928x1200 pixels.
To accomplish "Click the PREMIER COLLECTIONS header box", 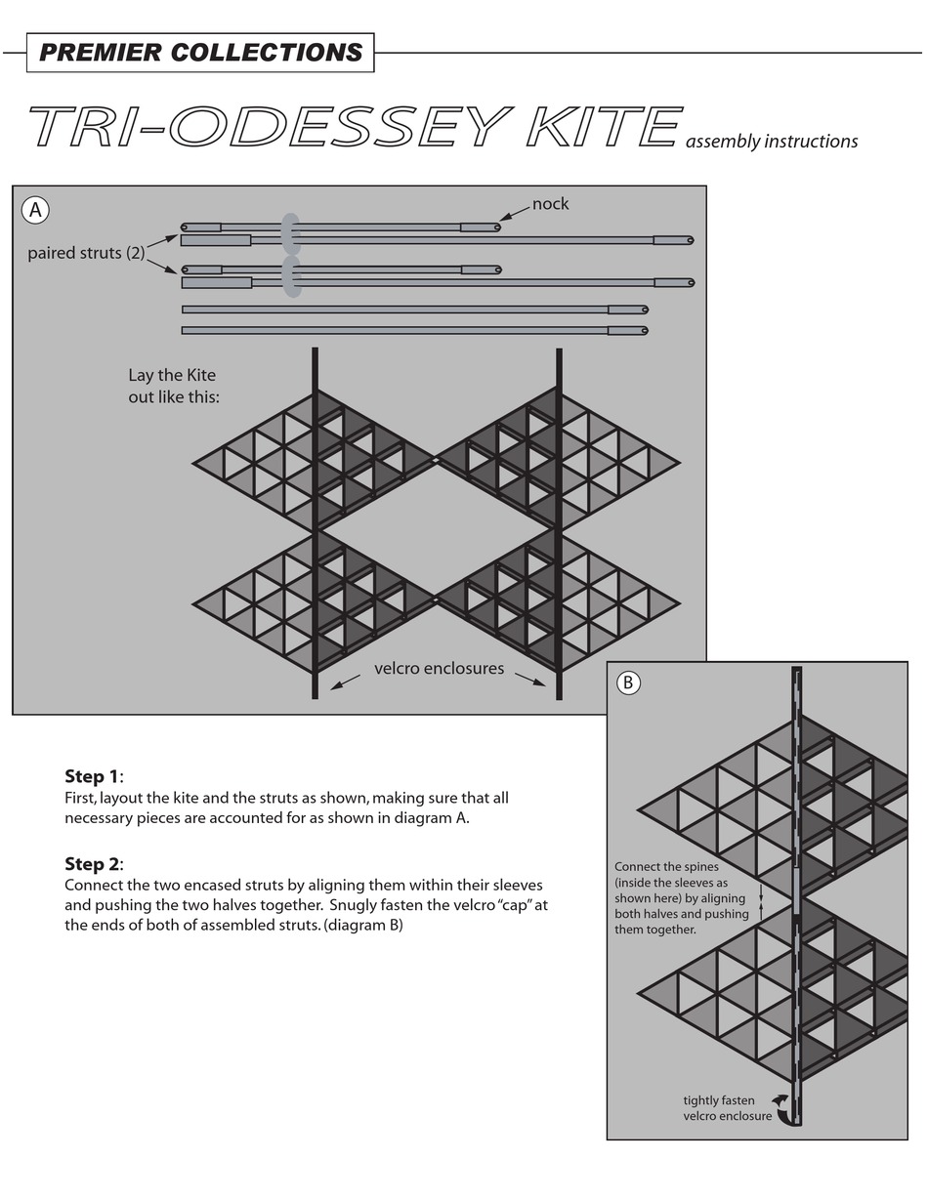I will point(200,53).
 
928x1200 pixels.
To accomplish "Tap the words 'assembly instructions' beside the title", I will point(772,142).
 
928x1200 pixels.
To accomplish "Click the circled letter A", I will point(35,210).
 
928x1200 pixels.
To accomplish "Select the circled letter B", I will point(628,683).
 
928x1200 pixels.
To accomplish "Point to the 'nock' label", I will point(550,204).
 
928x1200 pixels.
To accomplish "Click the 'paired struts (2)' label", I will point(86,253).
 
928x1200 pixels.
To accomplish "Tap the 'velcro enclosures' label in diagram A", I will point(439,669).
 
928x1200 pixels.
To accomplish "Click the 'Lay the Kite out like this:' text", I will point(173,387).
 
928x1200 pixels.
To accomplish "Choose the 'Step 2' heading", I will point(94,864).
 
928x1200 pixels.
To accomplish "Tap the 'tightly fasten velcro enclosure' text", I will point(726,1108).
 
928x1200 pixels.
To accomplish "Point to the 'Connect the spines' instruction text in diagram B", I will point(682,898).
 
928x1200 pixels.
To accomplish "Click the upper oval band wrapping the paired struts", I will point(290,233).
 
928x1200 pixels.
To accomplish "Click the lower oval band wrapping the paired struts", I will point(291,276).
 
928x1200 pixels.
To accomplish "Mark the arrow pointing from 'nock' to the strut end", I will point(514,215).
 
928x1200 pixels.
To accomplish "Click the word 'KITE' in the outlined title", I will point(603,127).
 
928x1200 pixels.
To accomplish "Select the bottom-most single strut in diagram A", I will point(414,331).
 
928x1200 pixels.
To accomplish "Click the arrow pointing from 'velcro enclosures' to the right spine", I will point(529,680).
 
